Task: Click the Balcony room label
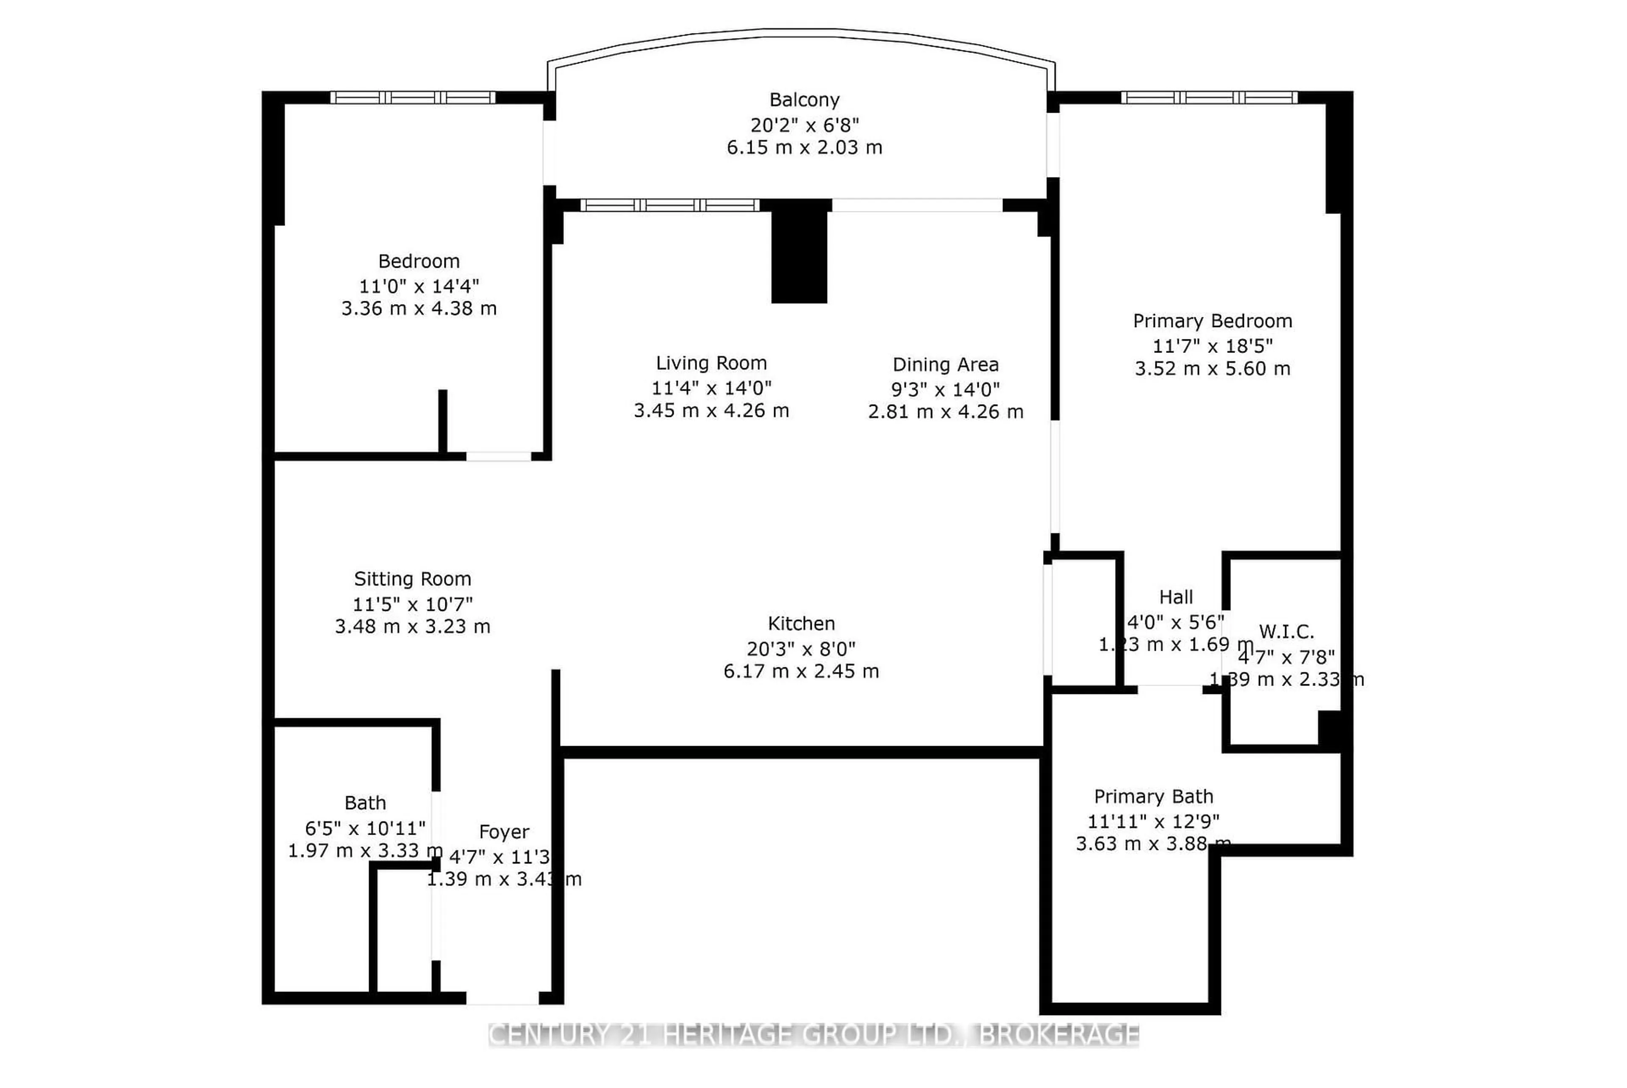(804, 100)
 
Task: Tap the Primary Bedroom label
(1212, 321)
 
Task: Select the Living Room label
(711, 363)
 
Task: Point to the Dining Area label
(945, 364)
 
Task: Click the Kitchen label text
(801, 623)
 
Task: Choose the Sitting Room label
(412, 579)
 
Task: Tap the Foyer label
(504, 831)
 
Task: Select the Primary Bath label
(1153, 796)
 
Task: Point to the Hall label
(1175, 597)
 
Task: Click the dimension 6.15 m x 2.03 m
(804, 147)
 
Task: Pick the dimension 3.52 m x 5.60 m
(1212, 369)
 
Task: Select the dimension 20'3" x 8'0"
(801, 649)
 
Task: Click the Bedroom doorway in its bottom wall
(498, 456)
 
